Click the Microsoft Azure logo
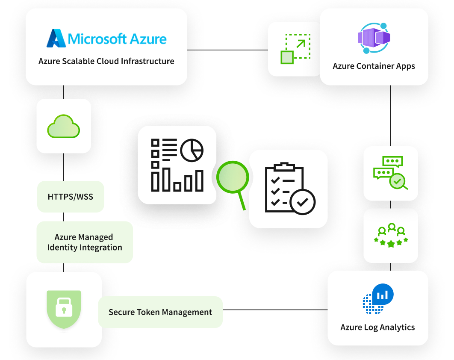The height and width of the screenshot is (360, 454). pyautogui.click(x=106, y=38)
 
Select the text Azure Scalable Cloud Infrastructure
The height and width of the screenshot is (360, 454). pyautogui.click(x=106, y=61)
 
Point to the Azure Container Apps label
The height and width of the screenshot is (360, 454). pyautogui.click(x=374, y=66)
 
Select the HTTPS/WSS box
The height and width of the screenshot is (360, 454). pyautogui.click(x=71, y=197)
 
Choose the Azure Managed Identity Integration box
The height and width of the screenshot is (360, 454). pyautogui.click(x=85, y=242)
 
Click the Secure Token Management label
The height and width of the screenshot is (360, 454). pyautogui.click(x=160, y=312)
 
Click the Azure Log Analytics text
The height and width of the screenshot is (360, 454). pyautogui.click(x=377, y=328)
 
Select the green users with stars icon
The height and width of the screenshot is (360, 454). pyautogui.click(x=391, y=236)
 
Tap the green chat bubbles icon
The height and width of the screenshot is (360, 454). pyautogui.click(x=391, y=173)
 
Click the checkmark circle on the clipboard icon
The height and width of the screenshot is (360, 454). pyautogui.click(x=302, y=201)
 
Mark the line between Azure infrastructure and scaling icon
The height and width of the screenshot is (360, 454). pyautogui.click(x=227, y=50)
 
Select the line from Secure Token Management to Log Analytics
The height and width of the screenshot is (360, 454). pyautogui.click(x=275, y=310)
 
